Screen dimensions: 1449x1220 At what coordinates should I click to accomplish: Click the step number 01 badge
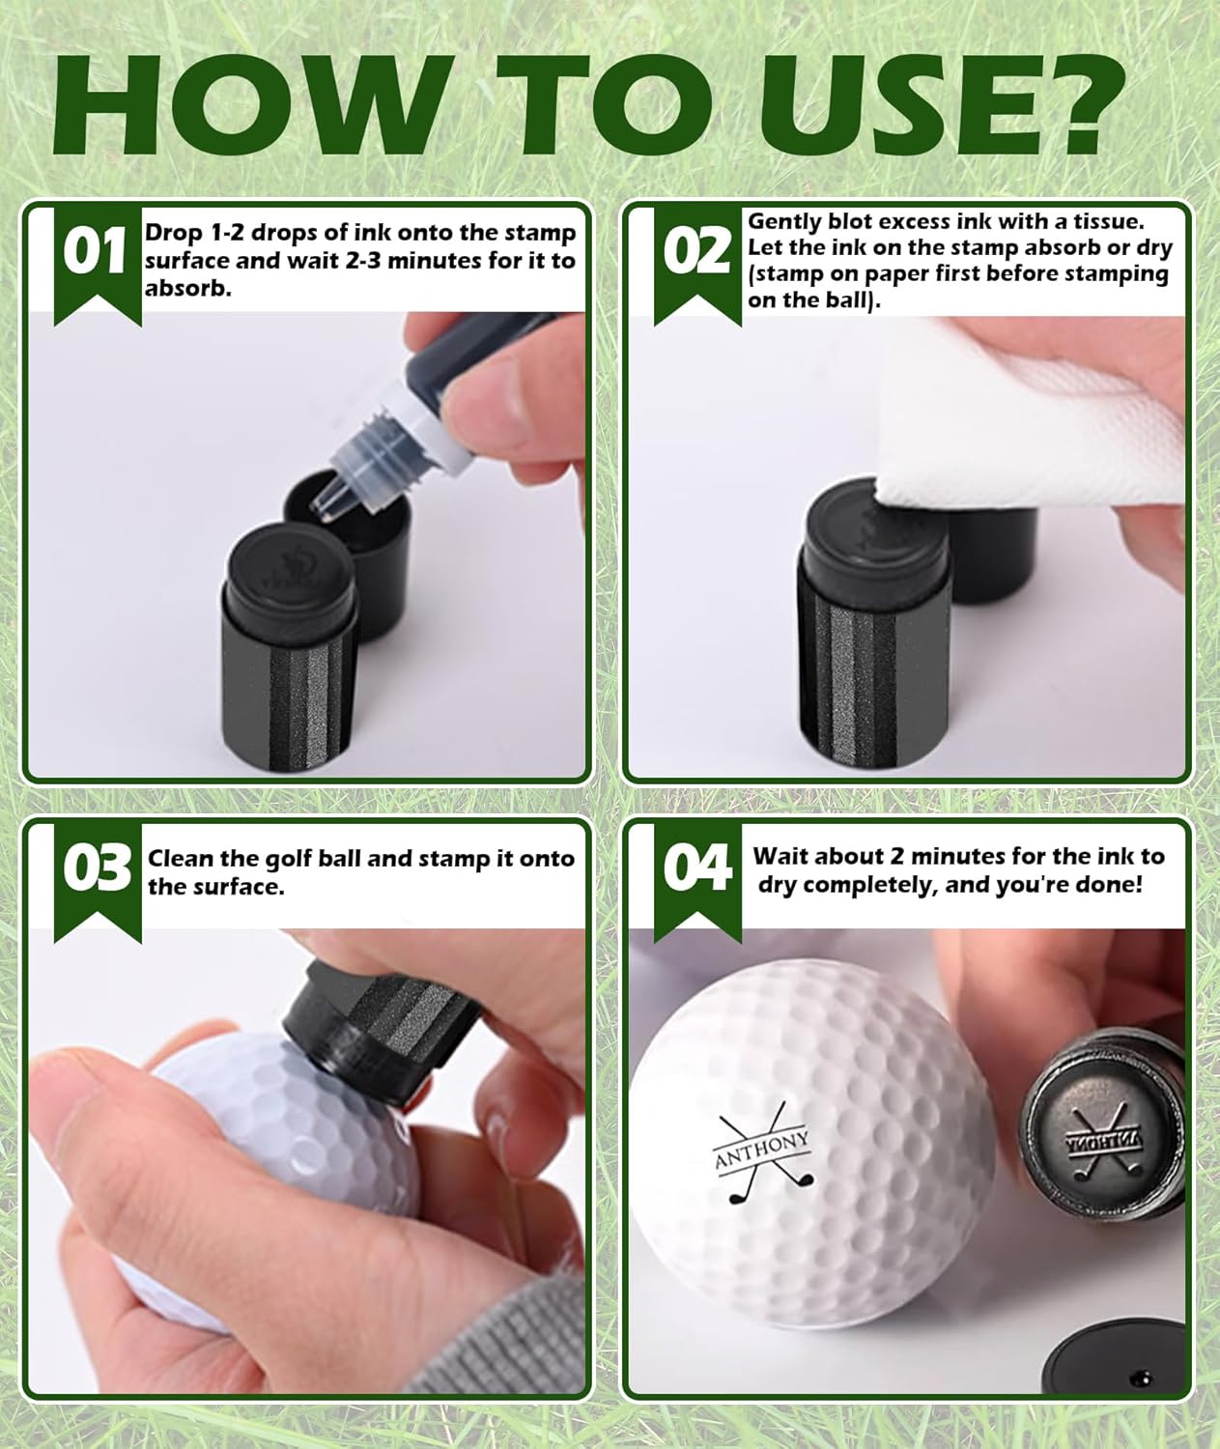click(95, 253)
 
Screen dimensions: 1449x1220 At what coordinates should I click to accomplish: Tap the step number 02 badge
click(695, 253)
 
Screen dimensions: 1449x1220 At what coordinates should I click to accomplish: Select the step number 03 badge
click(95, 869)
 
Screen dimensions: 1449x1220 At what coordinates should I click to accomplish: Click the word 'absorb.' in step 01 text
click(188, 289)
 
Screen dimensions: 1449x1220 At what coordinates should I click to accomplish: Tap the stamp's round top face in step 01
click(279, 560)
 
